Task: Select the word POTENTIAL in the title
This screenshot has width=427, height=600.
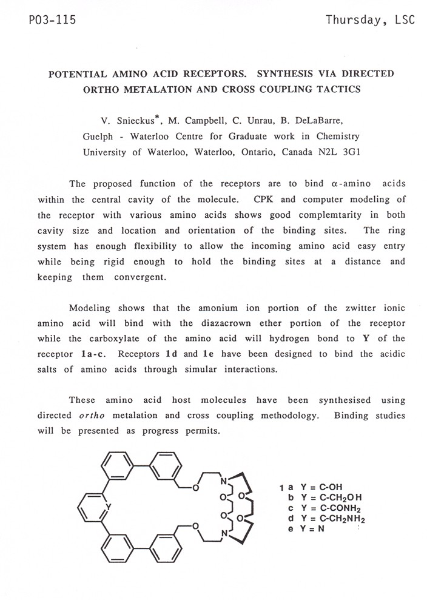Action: pos(73,74)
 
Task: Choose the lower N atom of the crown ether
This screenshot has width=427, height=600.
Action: pos(224,533)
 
